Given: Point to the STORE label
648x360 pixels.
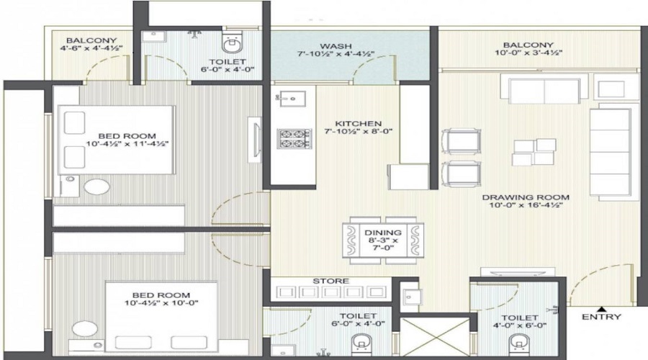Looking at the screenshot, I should [330, 281].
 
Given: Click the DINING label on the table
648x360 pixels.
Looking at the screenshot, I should [382, 233].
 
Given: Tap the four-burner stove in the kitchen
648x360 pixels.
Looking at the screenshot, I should [294, 138].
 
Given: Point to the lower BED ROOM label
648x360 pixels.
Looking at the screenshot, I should [161, 295].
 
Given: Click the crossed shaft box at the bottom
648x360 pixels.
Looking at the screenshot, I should [434, 338].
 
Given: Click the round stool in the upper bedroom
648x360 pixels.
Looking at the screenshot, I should [96, 188].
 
